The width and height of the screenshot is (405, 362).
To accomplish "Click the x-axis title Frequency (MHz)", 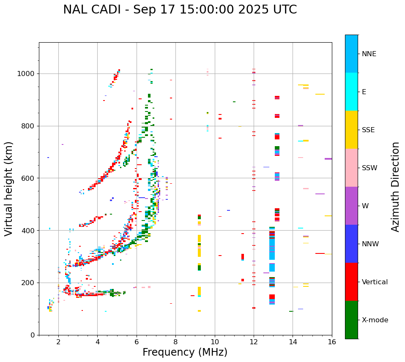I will pos(185,352).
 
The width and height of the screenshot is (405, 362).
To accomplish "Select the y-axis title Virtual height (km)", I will pos(9,189).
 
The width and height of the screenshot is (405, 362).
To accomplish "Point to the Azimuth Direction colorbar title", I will pos(395,187).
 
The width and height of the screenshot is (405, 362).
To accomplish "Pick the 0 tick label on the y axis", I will pos(33,335).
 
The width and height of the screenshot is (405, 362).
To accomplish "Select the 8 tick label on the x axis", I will pos(175,342).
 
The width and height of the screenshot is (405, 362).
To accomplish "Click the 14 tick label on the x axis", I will pos(293,342).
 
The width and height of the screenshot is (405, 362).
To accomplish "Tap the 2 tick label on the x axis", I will pos(58,342).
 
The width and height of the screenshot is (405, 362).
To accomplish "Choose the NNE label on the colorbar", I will pos(369,54).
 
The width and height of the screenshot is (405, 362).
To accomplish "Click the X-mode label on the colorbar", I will pos(375,320).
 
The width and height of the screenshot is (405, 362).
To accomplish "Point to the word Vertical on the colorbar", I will pos(375,282).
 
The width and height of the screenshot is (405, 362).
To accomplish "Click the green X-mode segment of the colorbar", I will pos(351,320).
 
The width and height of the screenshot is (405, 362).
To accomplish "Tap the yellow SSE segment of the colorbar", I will pos(351,130).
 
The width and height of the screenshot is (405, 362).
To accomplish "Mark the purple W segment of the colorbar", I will pos(351,206).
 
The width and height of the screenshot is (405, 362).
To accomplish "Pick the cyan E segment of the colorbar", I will pos(351,92).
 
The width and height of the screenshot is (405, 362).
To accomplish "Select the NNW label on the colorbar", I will pos(370,244).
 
